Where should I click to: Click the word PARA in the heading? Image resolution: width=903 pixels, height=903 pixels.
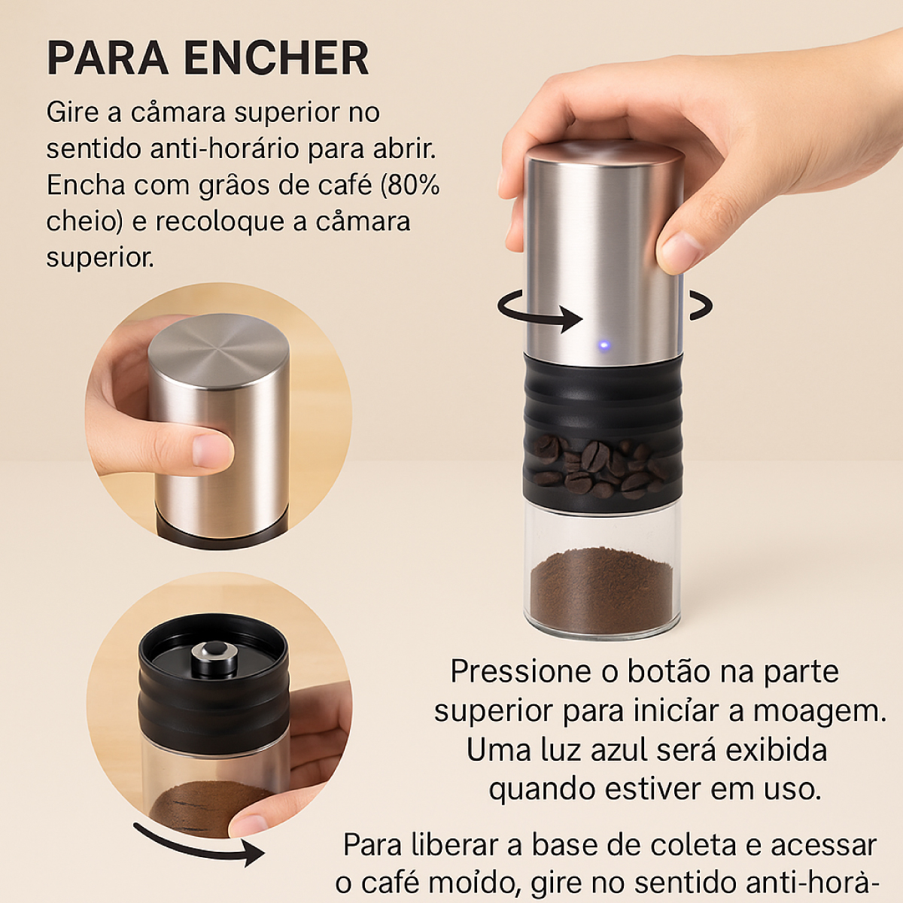pos(108,59)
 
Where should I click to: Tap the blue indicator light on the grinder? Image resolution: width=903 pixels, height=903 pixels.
pos(604,346)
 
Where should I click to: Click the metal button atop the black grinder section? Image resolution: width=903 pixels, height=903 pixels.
pos(215,658)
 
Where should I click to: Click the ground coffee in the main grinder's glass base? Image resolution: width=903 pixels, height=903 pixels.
pos(602,591)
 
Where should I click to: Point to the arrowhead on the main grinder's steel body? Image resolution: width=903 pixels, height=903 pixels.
pos(572,320)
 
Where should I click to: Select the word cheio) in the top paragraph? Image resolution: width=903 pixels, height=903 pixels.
pos(84,222)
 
